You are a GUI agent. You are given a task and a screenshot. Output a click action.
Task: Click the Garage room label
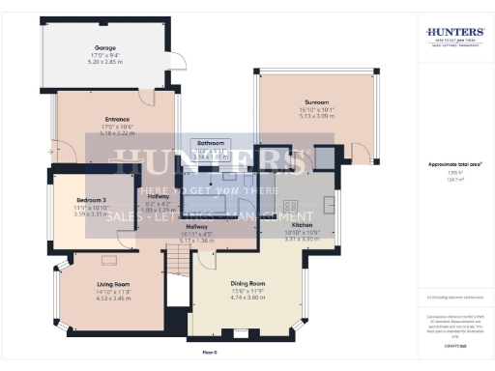[104, 47]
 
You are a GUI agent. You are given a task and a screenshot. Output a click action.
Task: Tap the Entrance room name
[117, 120]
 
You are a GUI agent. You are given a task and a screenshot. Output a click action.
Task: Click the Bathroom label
[211, 142]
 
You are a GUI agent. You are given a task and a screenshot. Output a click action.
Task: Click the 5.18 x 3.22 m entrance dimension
[117, 134]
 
